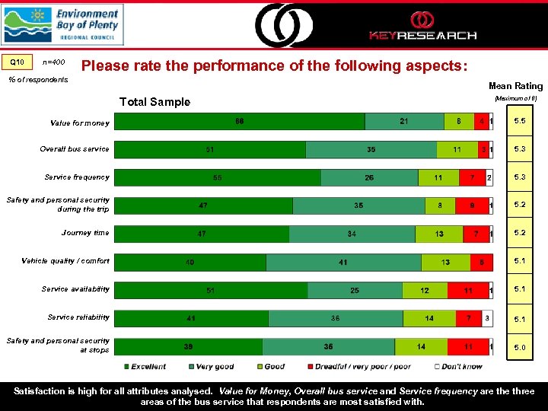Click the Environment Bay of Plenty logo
click(62, 24)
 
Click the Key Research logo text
click(422, 35)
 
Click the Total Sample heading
click(155, 102)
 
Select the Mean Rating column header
click(515, 86)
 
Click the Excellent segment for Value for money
click(240, 122)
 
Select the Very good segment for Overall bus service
click(371, 150)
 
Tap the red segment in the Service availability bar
click(467, 291)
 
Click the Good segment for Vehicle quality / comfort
click(445, 263)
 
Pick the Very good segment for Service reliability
click(335, 319)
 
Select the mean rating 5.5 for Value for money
click(519, 122)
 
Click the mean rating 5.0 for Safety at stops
click(519, 347)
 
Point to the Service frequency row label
click(77, 177)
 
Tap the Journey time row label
click(85, 233)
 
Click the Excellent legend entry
click(149, 367)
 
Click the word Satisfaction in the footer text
click(43, 391)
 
